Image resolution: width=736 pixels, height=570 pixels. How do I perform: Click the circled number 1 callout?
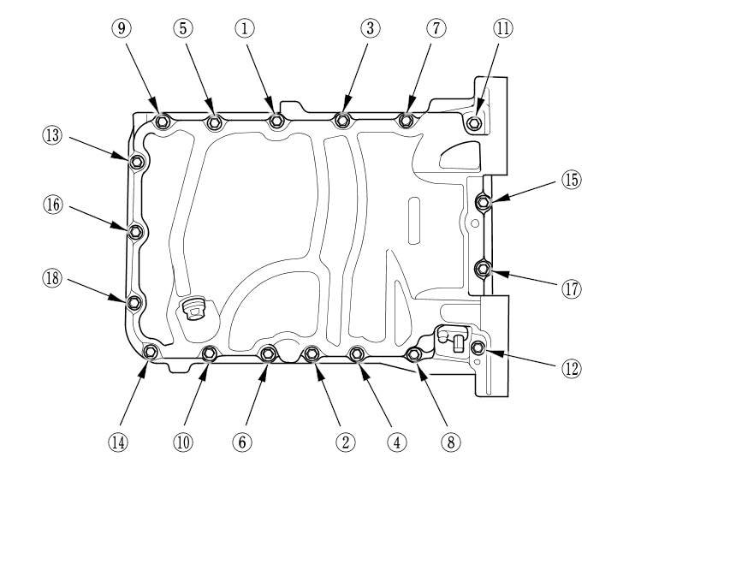pyautogui.click(x=245, y=28)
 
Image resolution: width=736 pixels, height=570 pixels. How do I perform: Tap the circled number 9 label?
pyautogui.click(x=121, y=28)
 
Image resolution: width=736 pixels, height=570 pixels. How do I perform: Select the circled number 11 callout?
pyautogui.click(x=502, y=28)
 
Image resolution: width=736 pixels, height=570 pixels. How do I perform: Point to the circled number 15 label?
pyautogui.click(x=571, y=180)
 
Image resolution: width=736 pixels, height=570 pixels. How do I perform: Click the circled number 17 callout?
pyautogui.click(x=571, y=289)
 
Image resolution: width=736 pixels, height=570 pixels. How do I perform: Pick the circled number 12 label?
pyautogui.click(x=571, y=368)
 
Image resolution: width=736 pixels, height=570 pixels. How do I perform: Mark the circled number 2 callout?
pyautogui.click(x=345, y=442)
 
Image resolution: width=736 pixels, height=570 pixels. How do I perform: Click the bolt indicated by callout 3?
pyautogui.click(x=343, y=121)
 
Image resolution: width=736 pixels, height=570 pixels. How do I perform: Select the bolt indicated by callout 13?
pyautogui.click(x=135, y=160)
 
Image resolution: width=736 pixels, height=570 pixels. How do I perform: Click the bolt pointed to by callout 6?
pyautogui.click(x=268, y=353)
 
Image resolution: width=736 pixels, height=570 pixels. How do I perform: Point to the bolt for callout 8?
pyautogui.click(x=414, y=354)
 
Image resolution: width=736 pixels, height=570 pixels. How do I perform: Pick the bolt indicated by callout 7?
pyautogui.click(x=407, y=121)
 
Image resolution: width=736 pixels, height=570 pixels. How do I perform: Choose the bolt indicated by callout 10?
pyautogui.click(x=209, y=353)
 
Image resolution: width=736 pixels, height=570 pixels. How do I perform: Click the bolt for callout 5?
pyautogui.click(x=214, y=122)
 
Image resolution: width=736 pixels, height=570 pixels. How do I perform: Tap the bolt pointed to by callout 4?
pyautogui.click(x=358, y=353)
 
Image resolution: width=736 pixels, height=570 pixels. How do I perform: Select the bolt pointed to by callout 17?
pyautogui.click(x=482, y=270)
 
